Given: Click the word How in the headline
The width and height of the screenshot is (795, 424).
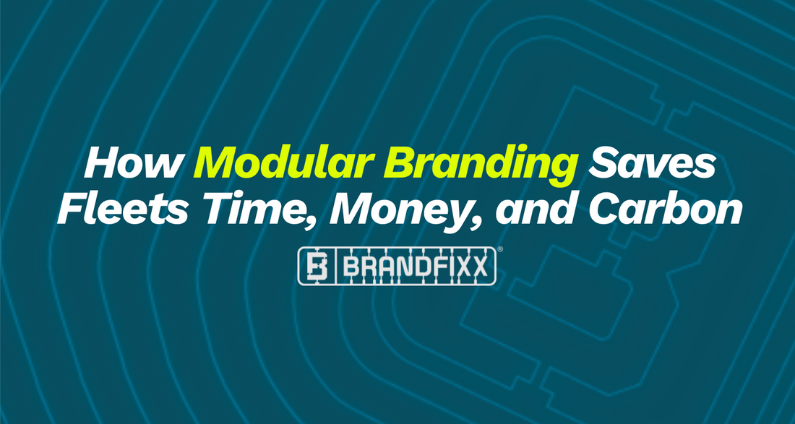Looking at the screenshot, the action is [134, 164].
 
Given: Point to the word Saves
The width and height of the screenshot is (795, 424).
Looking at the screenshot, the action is [651, 164].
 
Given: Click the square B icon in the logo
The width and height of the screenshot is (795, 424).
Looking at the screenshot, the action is [317, 266].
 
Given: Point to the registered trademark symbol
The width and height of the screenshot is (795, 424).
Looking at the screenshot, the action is [500, 249].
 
